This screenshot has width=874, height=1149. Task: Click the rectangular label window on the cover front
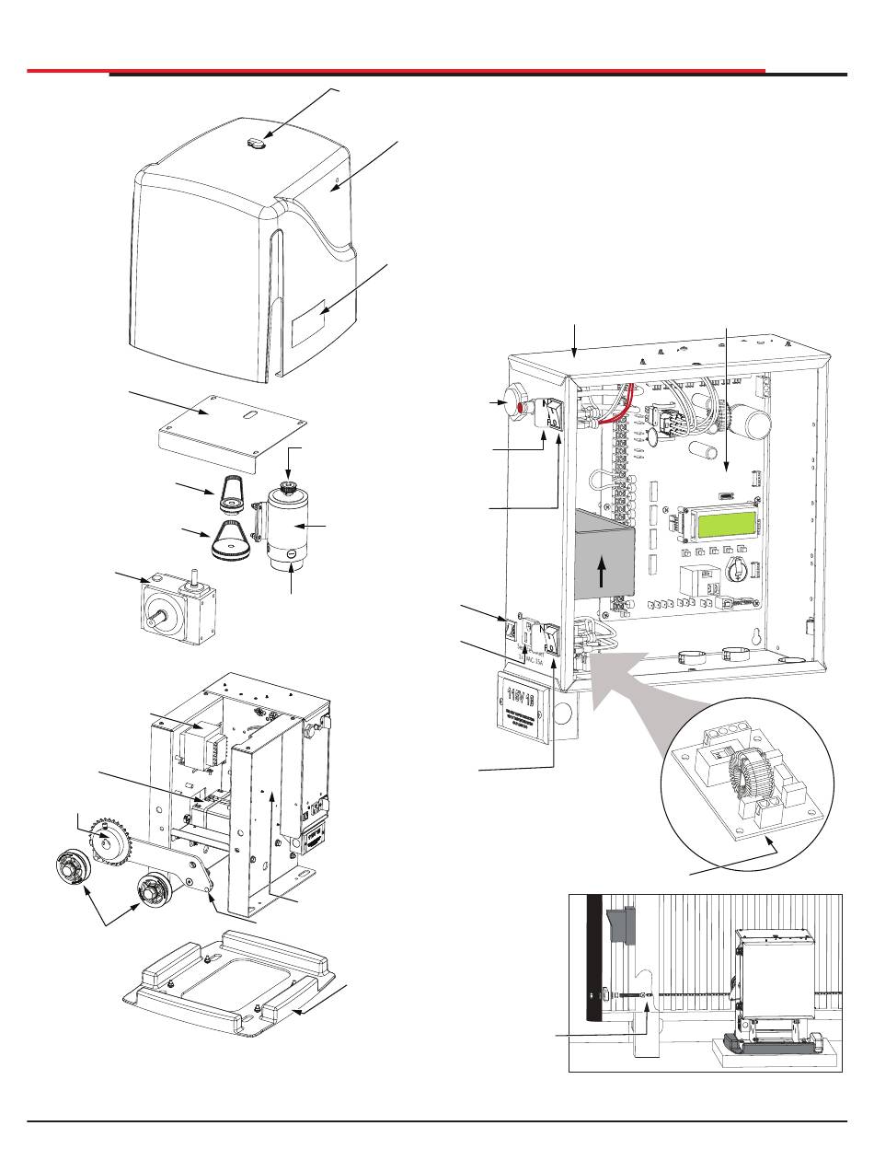[x=310, y=327]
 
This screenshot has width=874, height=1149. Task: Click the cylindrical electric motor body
[x=290, y=528]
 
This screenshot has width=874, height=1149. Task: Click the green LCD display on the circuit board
[x=727, y=526]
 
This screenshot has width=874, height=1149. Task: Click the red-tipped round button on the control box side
[x=512, y=405]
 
